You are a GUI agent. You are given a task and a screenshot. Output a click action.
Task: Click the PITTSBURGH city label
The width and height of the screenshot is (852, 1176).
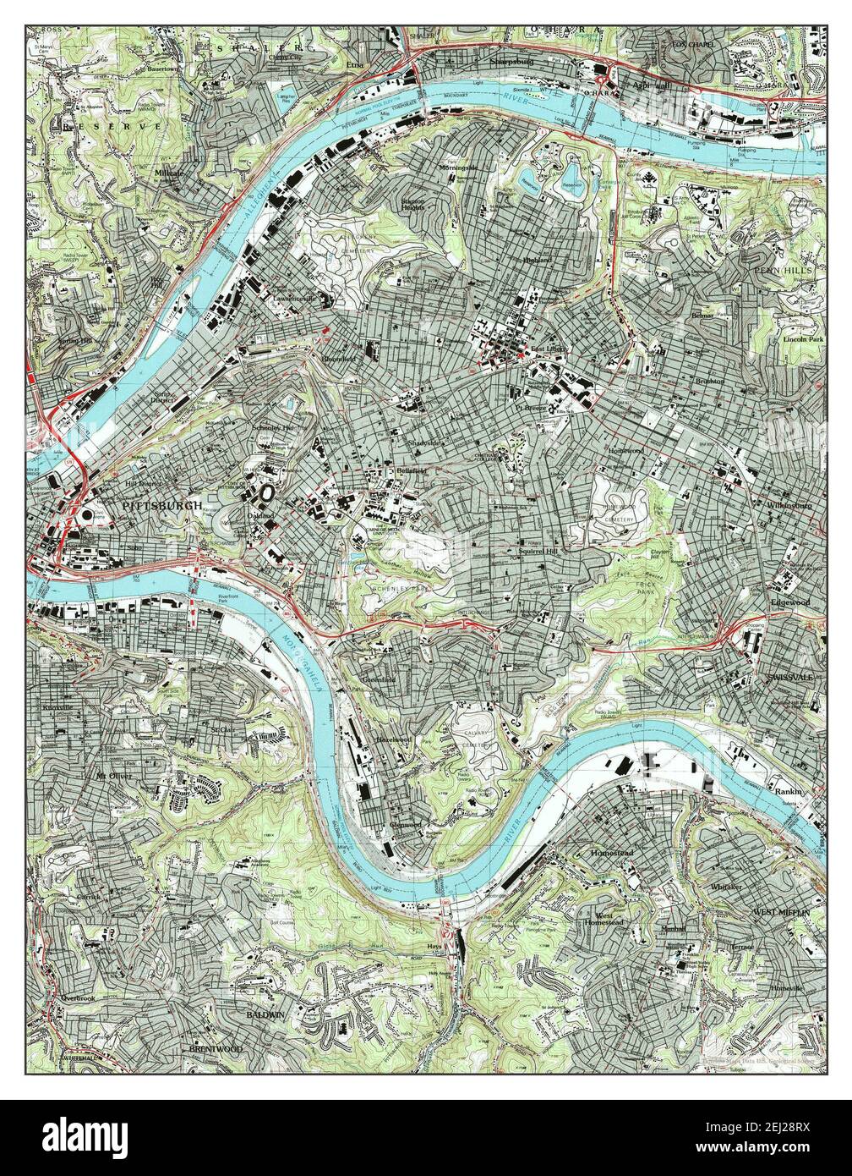click(162, 505)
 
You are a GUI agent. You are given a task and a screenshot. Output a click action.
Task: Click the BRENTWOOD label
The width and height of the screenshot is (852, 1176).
click(216, 1048)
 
